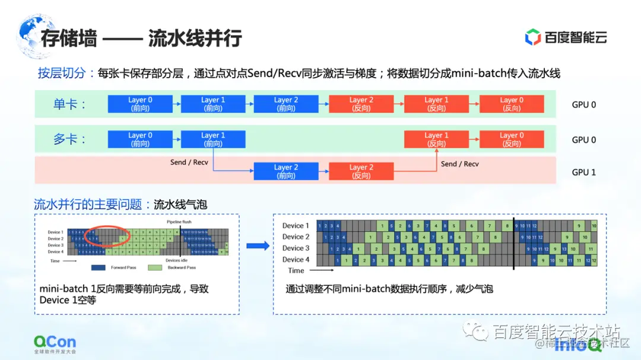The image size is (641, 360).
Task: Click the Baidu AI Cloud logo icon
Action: pos(532,37)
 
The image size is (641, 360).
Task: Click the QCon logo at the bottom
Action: pos(55,342)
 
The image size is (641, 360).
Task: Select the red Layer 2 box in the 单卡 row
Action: pos(361,104)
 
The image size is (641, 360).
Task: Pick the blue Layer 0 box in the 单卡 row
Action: pos(140,104)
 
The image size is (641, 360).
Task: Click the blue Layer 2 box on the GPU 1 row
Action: pos(285,171)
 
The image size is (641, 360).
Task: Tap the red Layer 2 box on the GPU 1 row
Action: pos(361,171)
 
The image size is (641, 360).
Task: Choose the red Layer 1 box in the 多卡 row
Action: pos(436,139)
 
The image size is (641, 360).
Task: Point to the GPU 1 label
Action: pos(583,172)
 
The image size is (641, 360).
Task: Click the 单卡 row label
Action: pos(70,104)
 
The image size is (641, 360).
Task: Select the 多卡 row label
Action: pos(70,139)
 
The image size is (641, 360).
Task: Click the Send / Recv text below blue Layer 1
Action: pos(189,162)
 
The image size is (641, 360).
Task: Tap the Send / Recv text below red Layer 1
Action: pos(459,164)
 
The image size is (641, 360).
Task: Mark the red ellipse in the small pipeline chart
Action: pos(107,236)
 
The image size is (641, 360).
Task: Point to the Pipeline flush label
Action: pos(179,222)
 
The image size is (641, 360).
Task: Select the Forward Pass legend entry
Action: pos(119,267)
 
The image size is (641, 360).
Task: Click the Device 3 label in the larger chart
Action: pos(296,248)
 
